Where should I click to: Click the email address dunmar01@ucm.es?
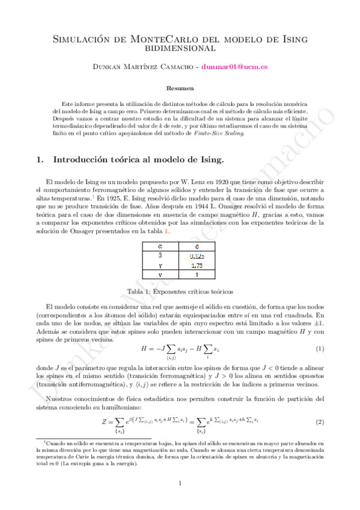click(234, 69)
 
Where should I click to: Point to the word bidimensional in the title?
click(180, 48)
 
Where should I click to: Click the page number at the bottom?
click(180, 483)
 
